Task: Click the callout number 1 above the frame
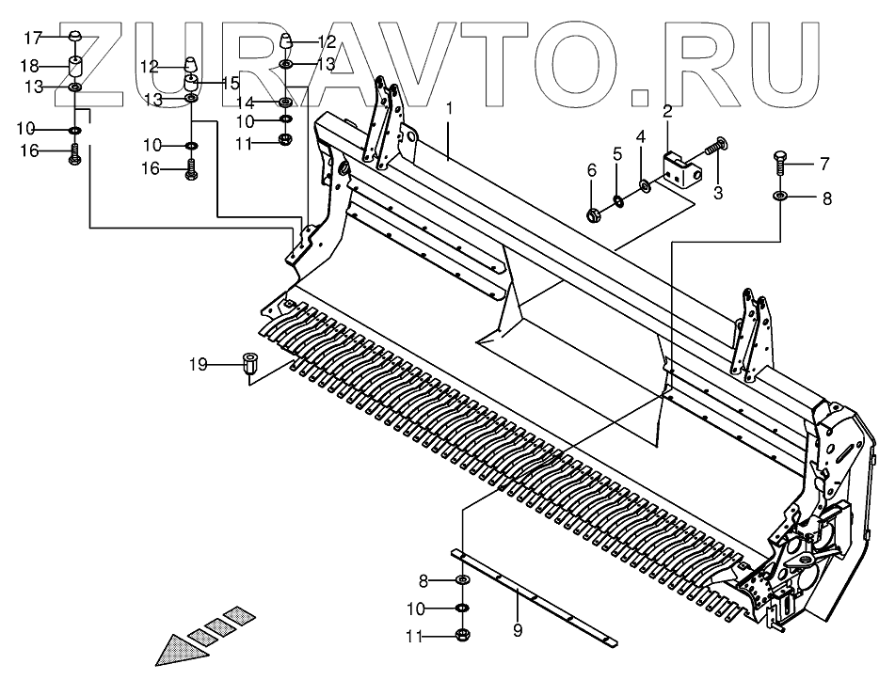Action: click(x=449, y=109)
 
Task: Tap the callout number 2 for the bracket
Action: click(x=667, y=112)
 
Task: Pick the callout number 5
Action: click(x=618, y=152)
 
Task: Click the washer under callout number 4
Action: click(x=643, y=182)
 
